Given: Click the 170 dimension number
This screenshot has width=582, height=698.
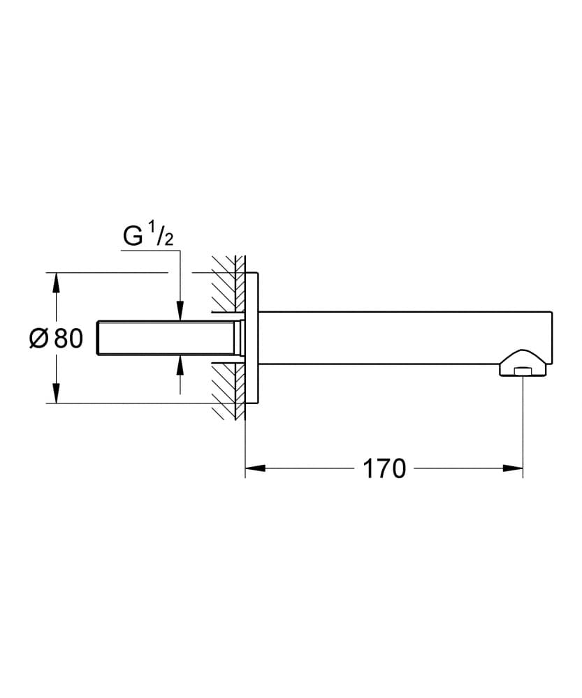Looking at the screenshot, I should (384, 468).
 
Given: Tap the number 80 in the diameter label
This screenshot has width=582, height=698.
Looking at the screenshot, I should (68, 339).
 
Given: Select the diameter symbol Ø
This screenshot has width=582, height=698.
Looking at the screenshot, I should (39, 339).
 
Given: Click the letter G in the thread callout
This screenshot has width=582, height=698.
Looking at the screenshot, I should (133, 237).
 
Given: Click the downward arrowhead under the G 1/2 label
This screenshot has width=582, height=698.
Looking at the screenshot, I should (180, 311).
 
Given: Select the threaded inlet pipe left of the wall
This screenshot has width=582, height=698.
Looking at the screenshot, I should (168, 338).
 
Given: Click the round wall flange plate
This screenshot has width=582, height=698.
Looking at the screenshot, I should (253, 338).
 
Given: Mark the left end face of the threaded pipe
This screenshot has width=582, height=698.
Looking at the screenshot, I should (101, 338).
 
